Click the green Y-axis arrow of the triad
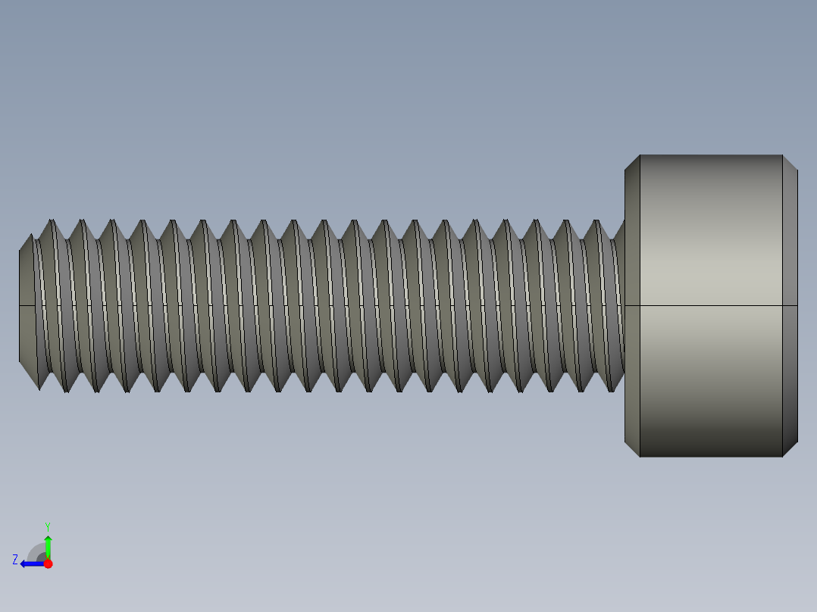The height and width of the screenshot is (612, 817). click(48, 545)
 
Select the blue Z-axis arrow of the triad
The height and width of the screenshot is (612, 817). click(32, 564)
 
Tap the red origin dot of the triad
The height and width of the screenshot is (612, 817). click(48, 564)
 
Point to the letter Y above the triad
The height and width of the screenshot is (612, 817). click(47, 526)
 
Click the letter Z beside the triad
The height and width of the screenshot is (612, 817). click(15, 560)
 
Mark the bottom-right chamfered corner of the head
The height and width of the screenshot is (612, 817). click(790, 448)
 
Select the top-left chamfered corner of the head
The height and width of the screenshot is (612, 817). click(632, 163)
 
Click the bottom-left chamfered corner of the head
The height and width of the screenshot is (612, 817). click(632, 448)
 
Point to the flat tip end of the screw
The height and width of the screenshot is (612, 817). click(27, 305)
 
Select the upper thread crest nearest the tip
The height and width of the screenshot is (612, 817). click(52, 222)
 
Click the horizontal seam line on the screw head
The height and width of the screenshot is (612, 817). click(710, 305)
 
